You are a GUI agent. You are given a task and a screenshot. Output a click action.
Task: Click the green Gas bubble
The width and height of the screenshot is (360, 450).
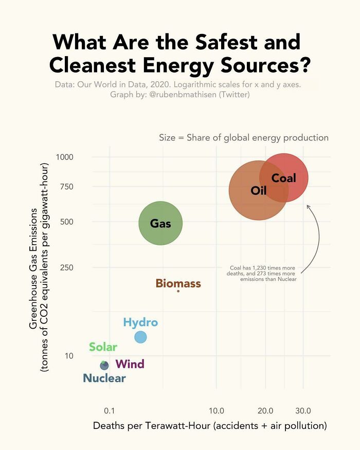(160, 223)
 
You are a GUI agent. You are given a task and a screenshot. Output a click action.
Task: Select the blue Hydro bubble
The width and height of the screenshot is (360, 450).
(140, 337)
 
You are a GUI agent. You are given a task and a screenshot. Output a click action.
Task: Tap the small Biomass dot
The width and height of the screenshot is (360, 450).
(178, 291)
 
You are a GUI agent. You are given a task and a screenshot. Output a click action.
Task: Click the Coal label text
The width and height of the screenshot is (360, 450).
(283, 178)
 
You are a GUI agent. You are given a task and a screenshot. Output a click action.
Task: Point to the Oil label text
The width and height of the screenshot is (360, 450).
(258, 191)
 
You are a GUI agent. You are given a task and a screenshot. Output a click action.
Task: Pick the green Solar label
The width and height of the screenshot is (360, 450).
(103, 347)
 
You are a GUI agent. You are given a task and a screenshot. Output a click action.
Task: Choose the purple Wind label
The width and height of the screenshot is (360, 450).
(130, 365)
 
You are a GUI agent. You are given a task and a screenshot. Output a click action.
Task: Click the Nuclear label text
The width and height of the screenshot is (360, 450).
(104, 379)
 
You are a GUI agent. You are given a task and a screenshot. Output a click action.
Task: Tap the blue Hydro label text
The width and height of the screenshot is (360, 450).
(140, 322)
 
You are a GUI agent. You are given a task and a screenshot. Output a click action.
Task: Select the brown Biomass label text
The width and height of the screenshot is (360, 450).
(178, 283)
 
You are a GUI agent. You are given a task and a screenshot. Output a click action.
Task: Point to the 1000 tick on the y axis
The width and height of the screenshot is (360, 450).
(65, 157)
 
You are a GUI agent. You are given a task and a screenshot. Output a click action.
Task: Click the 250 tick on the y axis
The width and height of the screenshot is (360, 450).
(67, 267)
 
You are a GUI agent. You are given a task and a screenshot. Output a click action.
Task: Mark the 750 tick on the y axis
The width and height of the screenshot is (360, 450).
(67, 186)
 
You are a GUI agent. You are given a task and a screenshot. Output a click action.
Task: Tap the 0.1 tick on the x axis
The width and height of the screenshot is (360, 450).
(109, 410)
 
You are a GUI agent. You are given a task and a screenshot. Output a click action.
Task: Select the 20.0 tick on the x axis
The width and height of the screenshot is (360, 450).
(265, 410)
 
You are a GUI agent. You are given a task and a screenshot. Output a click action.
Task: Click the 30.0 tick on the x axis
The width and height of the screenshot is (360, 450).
(303, 410)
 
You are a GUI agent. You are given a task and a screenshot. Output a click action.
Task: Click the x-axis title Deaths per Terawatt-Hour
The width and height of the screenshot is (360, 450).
(210, 426)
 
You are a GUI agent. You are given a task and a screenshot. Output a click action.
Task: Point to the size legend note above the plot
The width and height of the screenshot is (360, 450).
(243, 137)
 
